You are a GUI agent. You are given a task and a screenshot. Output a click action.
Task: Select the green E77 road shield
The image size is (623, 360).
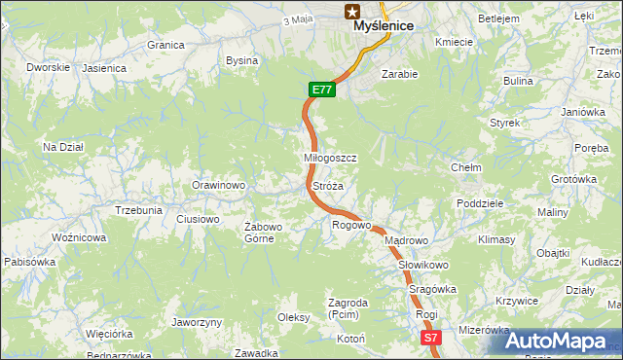[323, 90]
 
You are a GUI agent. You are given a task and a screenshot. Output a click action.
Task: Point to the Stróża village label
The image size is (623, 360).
[327, 185]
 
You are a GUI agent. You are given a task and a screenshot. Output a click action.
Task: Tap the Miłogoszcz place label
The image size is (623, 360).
[331, 158]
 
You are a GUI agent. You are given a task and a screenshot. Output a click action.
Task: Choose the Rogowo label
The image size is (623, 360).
[351, 225]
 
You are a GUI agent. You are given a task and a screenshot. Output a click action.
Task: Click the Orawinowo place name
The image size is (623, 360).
[217, 185]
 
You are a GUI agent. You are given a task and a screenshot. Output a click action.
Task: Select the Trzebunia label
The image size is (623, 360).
[138, 210]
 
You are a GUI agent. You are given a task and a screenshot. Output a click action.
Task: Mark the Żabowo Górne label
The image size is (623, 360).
[263, 233]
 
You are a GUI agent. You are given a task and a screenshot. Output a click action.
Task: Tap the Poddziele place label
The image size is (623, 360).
[479, 203]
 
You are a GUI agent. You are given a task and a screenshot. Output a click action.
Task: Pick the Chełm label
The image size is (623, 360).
[465, 167]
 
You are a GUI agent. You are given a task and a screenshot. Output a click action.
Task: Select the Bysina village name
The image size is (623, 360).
[241, 60]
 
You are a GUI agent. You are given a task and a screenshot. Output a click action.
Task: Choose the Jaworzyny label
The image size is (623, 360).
[197, 322]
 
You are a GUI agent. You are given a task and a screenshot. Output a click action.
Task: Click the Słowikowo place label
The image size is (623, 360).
[422, 265]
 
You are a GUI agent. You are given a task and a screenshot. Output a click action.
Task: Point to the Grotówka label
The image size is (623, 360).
[573, 179]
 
